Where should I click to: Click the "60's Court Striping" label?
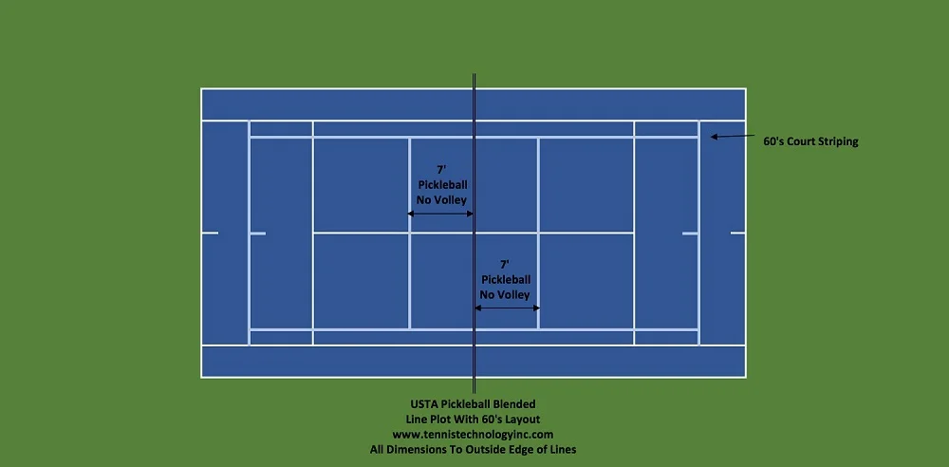click(810, 141)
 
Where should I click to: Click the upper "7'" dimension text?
click(441, 169)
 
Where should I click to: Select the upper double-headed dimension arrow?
click(441, 215)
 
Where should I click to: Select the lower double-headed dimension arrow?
click(507, 308)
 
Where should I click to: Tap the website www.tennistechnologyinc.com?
click(473, 434)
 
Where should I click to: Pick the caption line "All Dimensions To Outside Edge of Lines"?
click(473, 449)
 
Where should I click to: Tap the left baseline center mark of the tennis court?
click(211, 233)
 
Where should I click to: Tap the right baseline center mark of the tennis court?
click(736, 233)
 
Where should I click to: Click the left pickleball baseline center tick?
click(257, 233)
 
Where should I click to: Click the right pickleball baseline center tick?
click(690, 233)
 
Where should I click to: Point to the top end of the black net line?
click(474, 74)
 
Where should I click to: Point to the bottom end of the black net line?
click(474, 392)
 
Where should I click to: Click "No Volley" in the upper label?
click(441, 199)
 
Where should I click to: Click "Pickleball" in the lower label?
click(505, 279)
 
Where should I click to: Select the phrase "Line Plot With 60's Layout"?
click(473, 419)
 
